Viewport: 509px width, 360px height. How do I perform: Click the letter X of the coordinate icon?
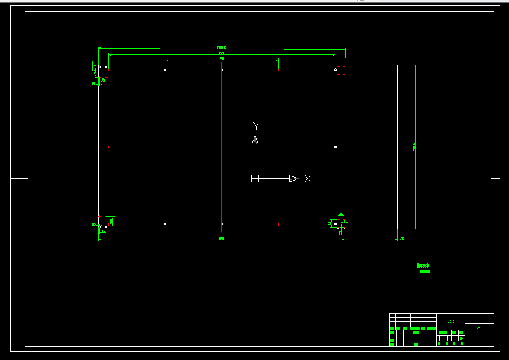coord(308,179)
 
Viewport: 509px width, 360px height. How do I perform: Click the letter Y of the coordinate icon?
coord(255,125)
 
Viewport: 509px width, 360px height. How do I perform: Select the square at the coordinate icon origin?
coord(255,179)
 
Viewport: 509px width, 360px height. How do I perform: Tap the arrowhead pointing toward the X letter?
coord(293,179)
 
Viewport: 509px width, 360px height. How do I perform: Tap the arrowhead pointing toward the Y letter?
coord(255,140)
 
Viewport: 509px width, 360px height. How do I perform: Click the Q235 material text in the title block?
coord(451,321)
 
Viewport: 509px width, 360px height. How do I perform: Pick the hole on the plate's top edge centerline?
coord(221,70)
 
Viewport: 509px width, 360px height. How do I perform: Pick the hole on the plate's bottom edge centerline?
coord(221,224)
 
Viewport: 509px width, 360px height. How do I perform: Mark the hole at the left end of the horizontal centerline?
coord(108,147)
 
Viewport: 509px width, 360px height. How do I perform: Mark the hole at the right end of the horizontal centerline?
coord(335,147)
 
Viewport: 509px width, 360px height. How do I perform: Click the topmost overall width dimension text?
coord(221,47)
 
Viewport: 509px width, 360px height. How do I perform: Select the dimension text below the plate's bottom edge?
coord(221,238)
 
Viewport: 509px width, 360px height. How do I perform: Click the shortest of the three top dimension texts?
coord(221,59)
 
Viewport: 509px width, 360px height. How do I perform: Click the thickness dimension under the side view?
coord(403,238)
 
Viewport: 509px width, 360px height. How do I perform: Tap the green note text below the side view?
coord(423,268)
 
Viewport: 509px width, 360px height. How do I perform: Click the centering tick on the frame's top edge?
coord(255,10)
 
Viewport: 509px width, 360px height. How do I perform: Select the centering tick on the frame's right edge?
coord(496,178)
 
